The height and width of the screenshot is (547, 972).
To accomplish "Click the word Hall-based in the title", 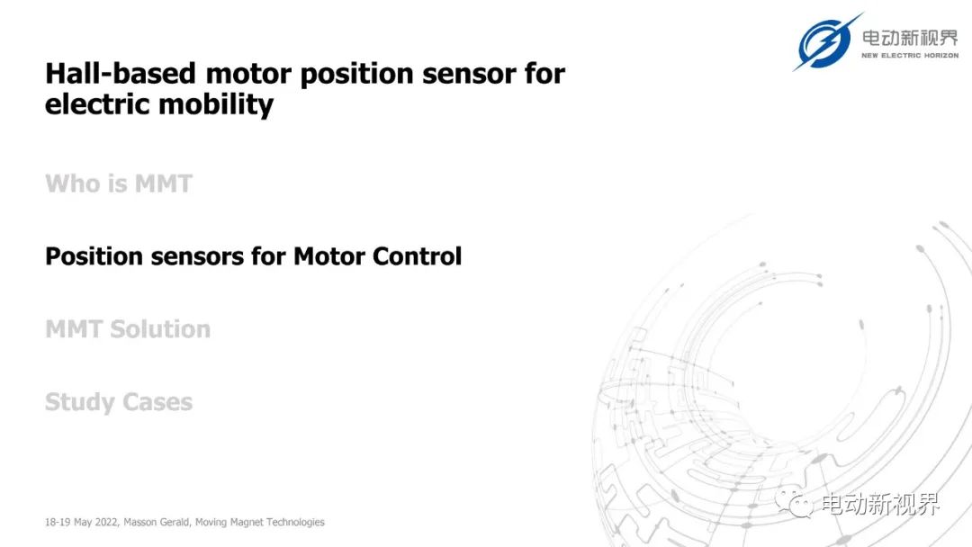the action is click(121, 74).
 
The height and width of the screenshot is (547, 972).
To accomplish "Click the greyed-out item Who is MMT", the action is click(119, 184).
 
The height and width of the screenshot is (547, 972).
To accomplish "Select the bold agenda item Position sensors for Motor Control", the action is click(254, 256).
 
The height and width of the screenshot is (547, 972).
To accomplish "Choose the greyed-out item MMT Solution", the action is click(128, 329).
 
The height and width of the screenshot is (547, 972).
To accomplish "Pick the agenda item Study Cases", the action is click(119, 402).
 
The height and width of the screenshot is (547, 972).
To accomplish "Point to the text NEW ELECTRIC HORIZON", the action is click(910, 56).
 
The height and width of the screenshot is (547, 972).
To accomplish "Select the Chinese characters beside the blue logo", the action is click(910, 38).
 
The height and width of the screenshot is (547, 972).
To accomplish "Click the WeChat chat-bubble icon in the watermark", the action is click(794, 502).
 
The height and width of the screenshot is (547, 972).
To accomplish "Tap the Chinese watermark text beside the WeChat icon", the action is click(881, 504).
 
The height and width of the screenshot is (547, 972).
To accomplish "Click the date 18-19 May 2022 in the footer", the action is click(81, 522).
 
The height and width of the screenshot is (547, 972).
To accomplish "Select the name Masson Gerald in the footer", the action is click(157, 522).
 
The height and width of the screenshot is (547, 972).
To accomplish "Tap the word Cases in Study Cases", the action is click(157, 402).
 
